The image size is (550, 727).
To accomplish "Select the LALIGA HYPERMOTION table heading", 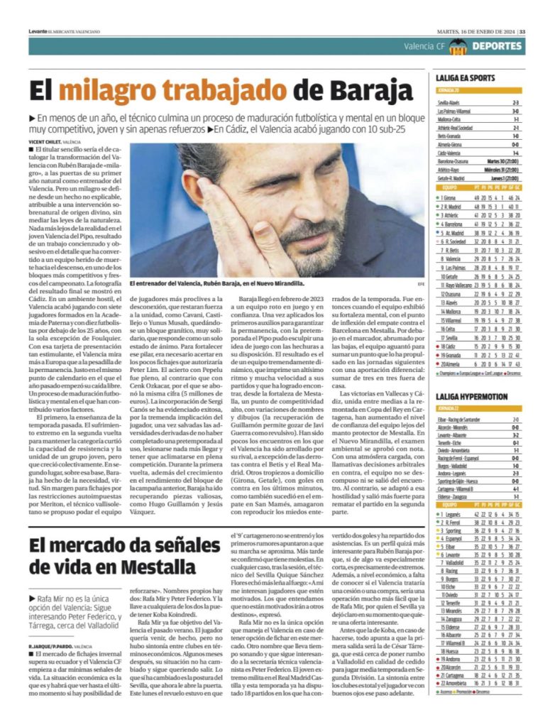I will tap(472, 395).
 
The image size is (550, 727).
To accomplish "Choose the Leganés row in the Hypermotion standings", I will tap(479, 513).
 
